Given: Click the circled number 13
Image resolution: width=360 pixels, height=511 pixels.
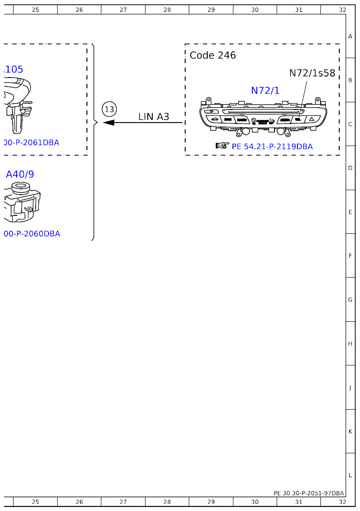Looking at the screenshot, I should [x=109, y=109].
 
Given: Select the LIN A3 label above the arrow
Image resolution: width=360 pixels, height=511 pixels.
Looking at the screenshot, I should [x=154, y=117].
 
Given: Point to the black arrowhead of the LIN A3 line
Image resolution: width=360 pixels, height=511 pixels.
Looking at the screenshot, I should [x=109, y=123].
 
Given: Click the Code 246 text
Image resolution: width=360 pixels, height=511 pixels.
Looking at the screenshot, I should [x=213, y=55].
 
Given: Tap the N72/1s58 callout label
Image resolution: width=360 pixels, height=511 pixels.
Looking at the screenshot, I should [x=312, y=73].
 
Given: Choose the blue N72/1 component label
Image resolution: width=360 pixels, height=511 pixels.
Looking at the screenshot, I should [x=265, y=91].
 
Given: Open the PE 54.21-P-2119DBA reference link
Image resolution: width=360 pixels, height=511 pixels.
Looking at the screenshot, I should [x=272, y=146].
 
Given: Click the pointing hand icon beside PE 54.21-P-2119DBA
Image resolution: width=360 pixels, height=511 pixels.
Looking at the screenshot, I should [x=222, y=146].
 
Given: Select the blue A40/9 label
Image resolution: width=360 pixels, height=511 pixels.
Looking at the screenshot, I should [x=20, y=174].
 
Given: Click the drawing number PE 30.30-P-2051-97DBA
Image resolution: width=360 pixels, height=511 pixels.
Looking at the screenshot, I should [x=309, y=493].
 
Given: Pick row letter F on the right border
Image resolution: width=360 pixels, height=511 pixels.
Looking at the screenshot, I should [x=350, y=255].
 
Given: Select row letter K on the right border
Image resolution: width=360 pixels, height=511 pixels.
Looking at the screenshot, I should [x=350, y=431].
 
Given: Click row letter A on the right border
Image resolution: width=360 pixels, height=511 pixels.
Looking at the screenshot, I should [x=350, y=36].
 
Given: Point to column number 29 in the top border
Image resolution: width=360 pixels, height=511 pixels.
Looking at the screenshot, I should [x=211, y=9].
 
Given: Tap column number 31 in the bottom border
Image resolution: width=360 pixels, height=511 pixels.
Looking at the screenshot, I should [x=299, y=502].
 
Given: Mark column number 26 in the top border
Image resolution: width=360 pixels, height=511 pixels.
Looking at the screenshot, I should [x=79, y=9].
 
